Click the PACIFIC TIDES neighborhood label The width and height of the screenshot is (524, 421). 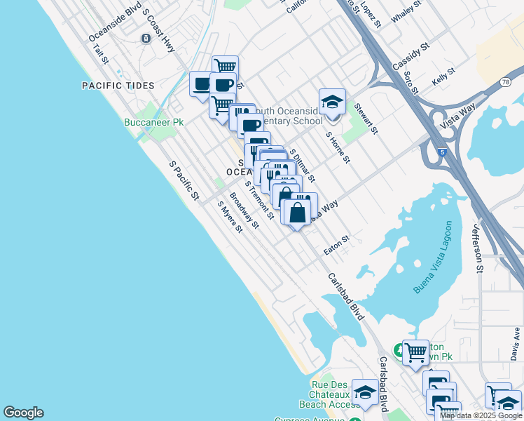[x=118, y=86]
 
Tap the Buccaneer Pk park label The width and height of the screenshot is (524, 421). [x=153, y=122]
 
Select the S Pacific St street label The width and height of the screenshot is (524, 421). [x=184, y=179]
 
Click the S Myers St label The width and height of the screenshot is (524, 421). [x=229, y=217]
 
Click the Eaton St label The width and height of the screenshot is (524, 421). [x=336, y=246]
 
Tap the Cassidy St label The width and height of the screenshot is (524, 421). [x=411, y=56]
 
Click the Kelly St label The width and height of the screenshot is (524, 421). [x=443, y=76]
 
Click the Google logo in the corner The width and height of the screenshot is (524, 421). [x=23, y=413]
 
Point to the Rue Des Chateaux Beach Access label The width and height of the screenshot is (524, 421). [x=330, y=394]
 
